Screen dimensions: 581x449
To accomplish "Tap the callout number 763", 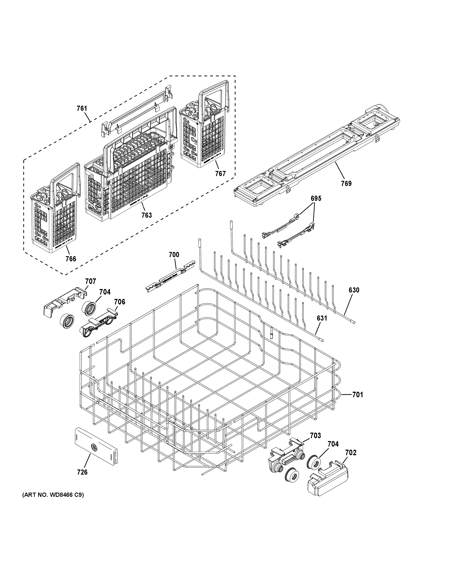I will pyautogui.click(x=147, y=215).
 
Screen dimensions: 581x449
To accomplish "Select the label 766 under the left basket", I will pyautogui.click(x=71, y=259).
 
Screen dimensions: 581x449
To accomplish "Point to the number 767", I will pyautogui.click(x=220, y=174).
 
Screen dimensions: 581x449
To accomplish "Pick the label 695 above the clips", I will pyautogui.click(x=316, y=198).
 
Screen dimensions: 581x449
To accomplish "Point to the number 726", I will pyautogui.click(x=82, y=472).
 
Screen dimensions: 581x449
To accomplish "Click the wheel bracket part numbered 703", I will pyautogui.click(x=286, y=455).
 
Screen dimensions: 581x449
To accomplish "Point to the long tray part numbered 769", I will pyautogui.click(x=317, y=154).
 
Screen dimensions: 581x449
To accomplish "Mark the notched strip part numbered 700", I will pyautogui.click(x=170, y=279).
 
